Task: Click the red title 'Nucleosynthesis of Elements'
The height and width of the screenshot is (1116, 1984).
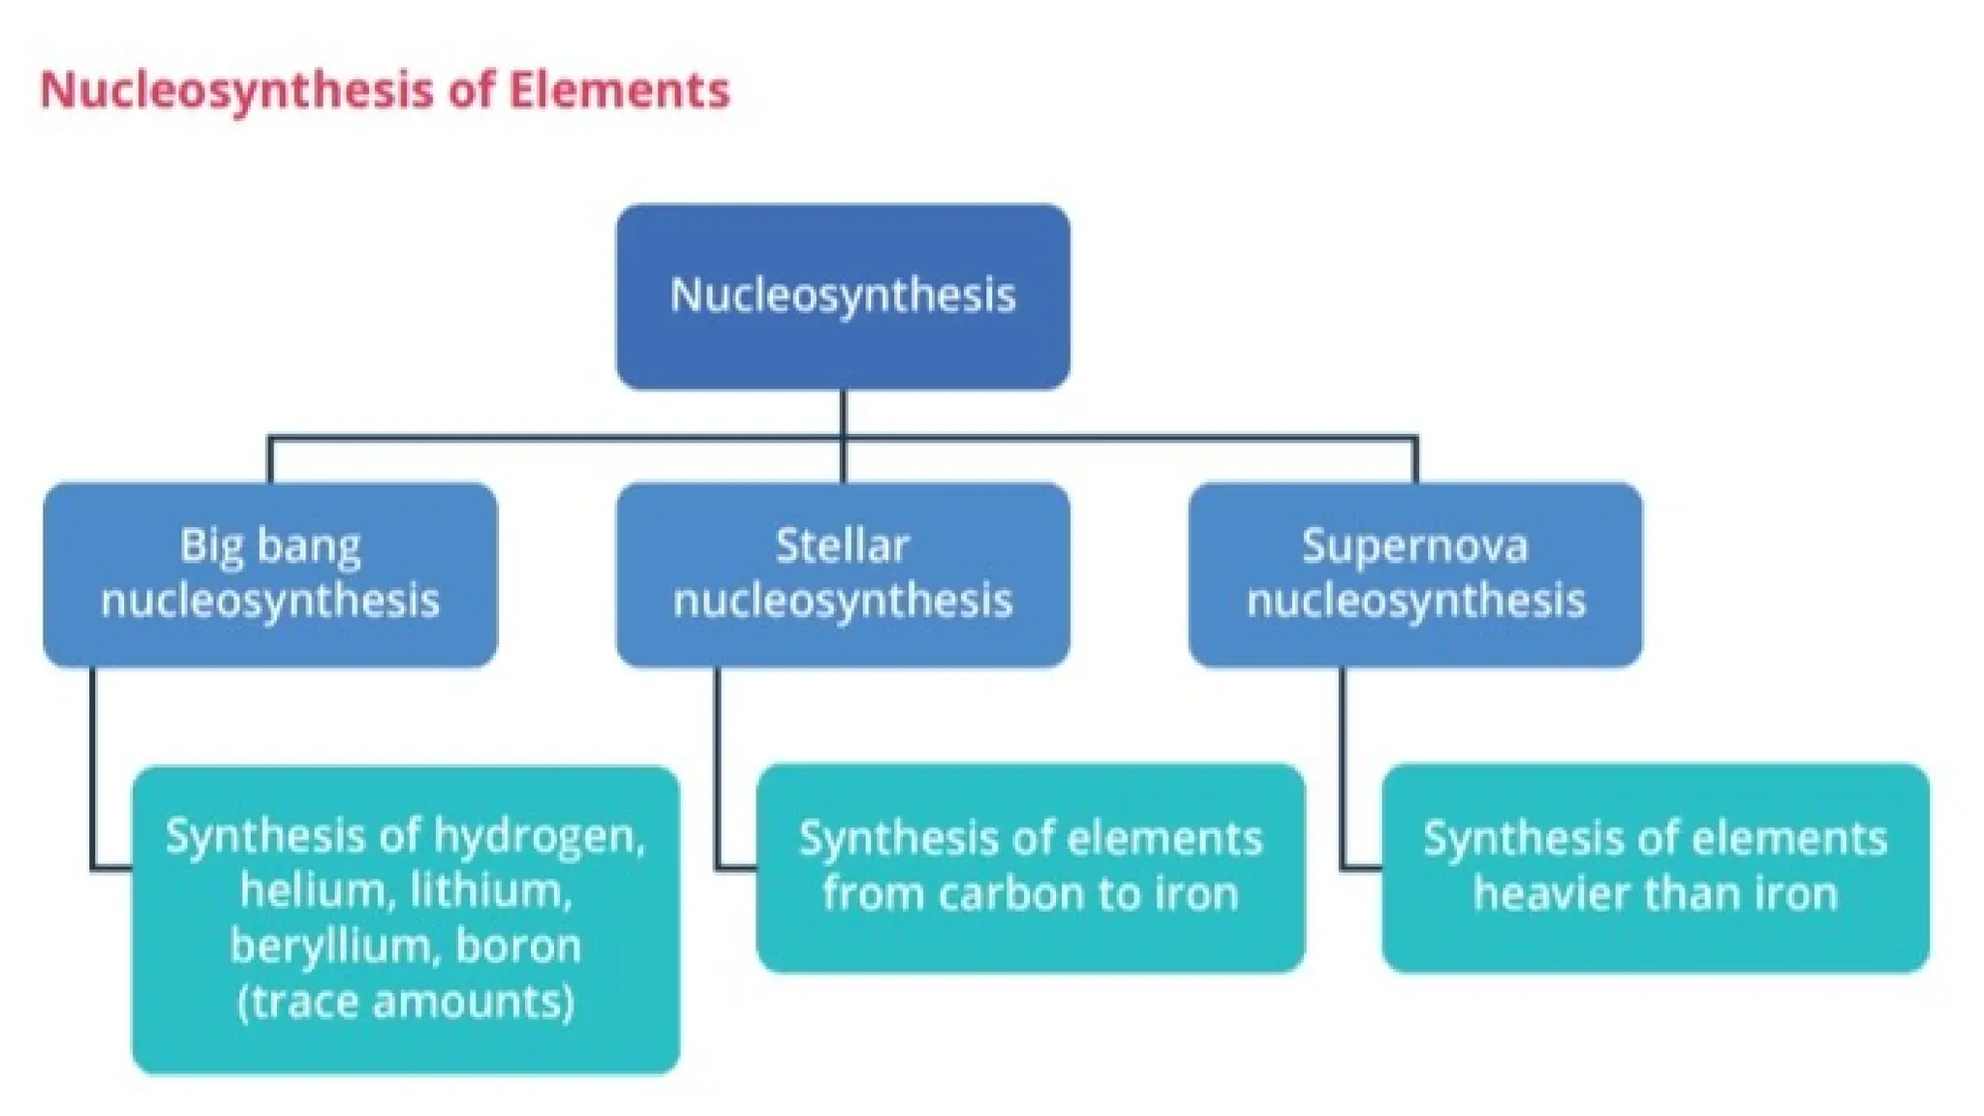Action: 384,90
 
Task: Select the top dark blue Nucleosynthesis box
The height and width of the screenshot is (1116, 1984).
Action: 843,296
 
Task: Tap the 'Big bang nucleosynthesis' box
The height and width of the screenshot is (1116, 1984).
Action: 270,574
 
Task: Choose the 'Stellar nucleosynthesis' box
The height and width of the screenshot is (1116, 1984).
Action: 843,574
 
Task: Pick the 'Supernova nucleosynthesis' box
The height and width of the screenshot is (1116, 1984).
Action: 1415,574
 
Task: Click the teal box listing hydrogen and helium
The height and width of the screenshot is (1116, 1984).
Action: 406,919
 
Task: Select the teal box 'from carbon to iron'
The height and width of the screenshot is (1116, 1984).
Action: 1031,868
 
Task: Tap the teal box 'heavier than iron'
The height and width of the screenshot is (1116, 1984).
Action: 1656,868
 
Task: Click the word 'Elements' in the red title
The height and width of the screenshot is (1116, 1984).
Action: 619,90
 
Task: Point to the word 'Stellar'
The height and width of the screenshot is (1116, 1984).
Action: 843,546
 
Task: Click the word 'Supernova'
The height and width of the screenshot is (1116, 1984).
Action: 1415,546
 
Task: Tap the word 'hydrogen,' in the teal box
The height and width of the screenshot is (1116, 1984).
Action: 540,836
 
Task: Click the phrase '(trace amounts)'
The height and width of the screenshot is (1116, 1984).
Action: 406,1001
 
